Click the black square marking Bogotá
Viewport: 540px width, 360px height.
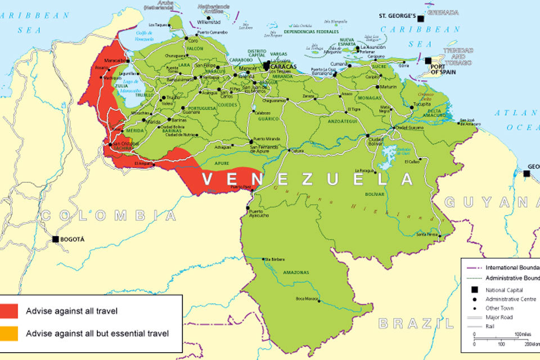pos(55,239)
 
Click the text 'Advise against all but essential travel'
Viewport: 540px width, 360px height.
pos(97,333)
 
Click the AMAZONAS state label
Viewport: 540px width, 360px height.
pos(295,272)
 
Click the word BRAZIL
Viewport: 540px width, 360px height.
pos(415,323)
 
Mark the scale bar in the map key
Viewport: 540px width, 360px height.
pos(503,337)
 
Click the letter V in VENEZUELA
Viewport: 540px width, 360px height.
pos(208,179)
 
